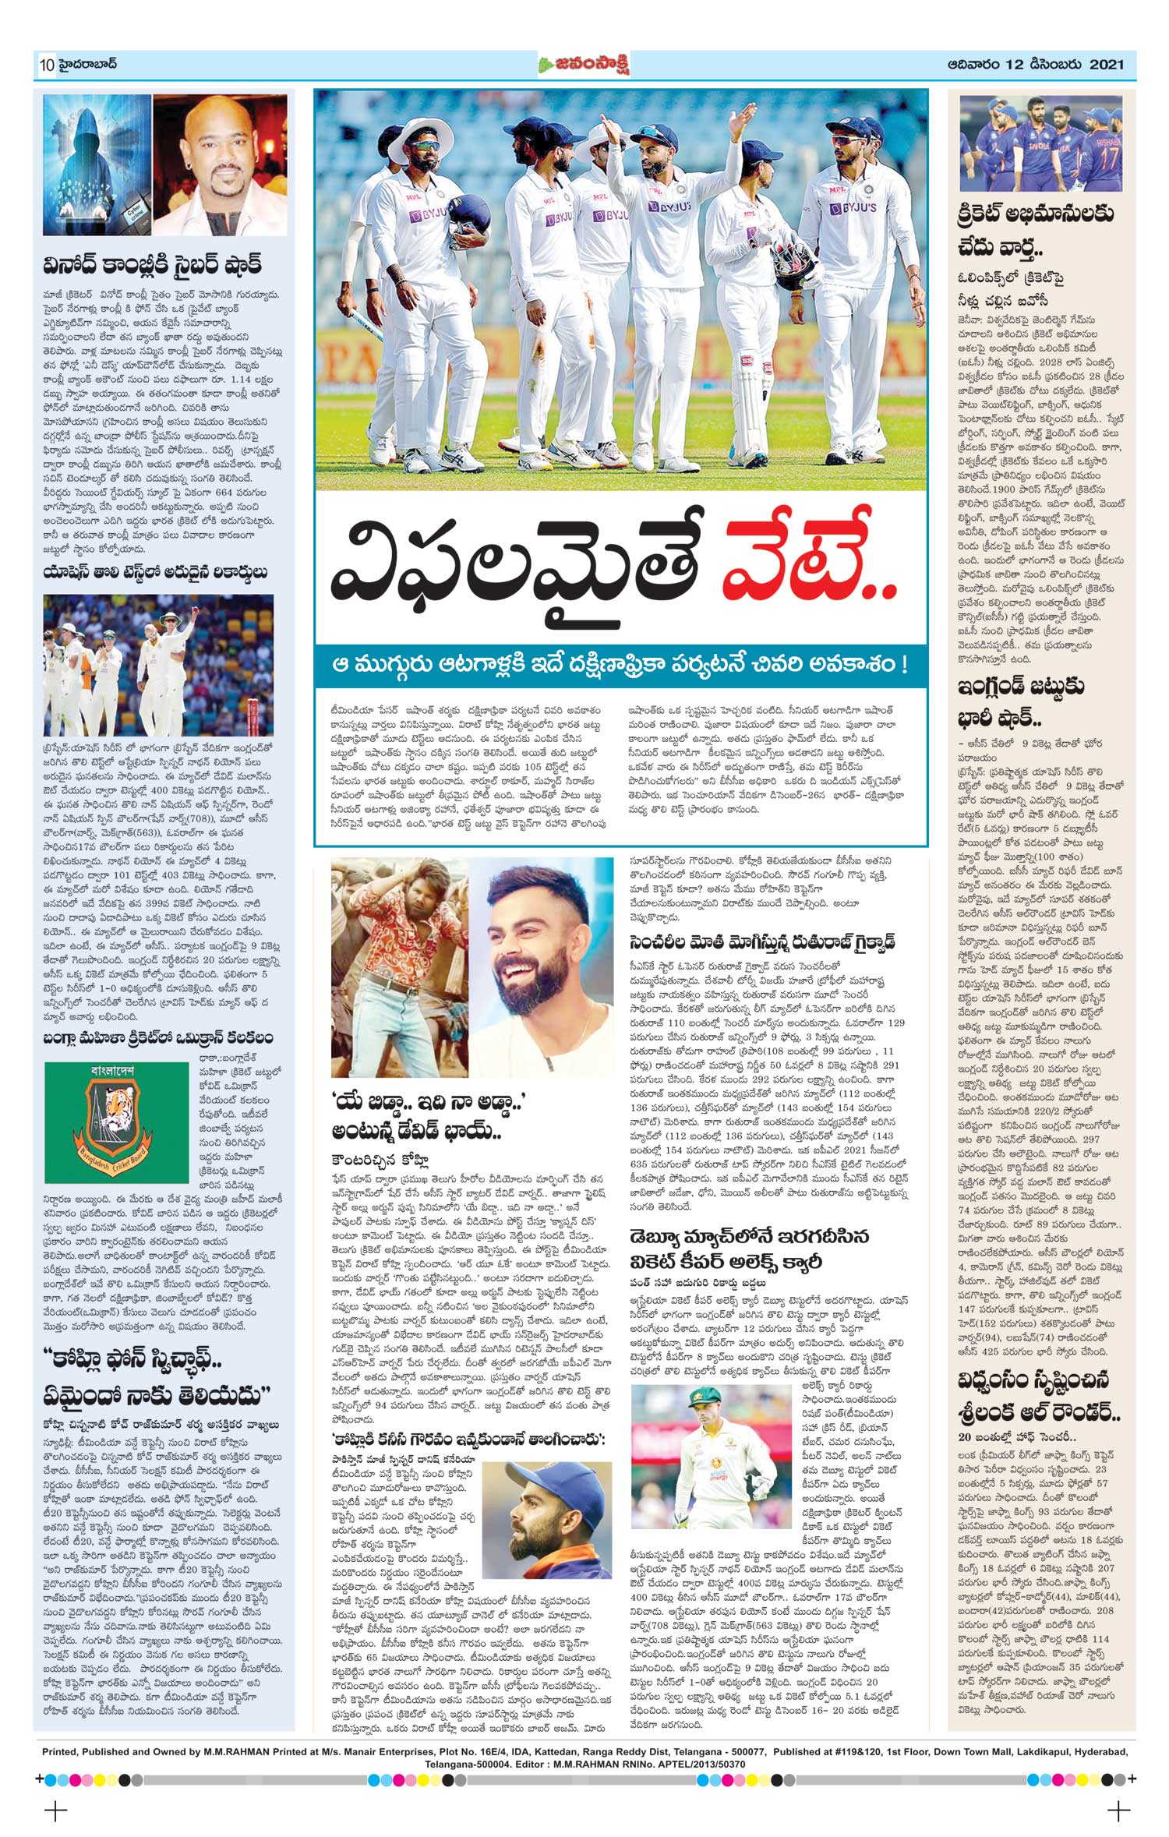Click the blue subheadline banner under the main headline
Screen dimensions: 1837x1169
620,666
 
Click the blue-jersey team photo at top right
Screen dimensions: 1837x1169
1040,143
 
